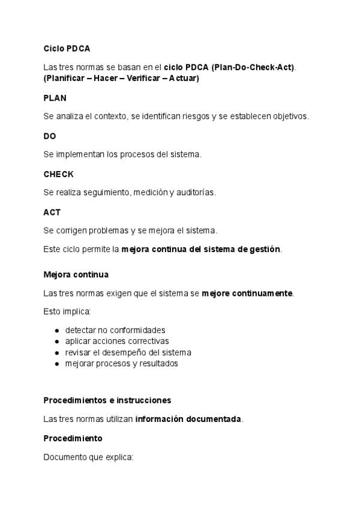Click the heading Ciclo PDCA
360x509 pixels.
(67, 48)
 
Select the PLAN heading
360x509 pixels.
(55, 98)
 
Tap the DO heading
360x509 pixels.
(50, 136)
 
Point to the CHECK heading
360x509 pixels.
(58, 174)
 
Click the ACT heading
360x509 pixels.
(52, 212)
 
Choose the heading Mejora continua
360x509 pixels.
(76, 274)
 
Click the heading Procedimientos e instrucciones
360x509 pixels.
(107, 400)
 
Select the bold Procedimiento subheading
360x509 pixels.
(73, 438)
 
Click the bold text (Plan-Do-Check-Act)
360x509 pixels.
(253, 67)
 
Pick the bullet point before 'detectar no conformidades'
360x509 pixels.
(56, 331)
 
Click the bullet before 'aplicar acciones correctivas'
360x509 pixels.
(56, 342)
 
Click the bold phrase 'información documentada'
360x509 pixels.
(188, 419)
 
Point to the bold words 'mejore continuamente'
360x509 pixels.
(247, 294)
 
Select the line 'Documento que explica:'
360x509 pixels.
(88, 457)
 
